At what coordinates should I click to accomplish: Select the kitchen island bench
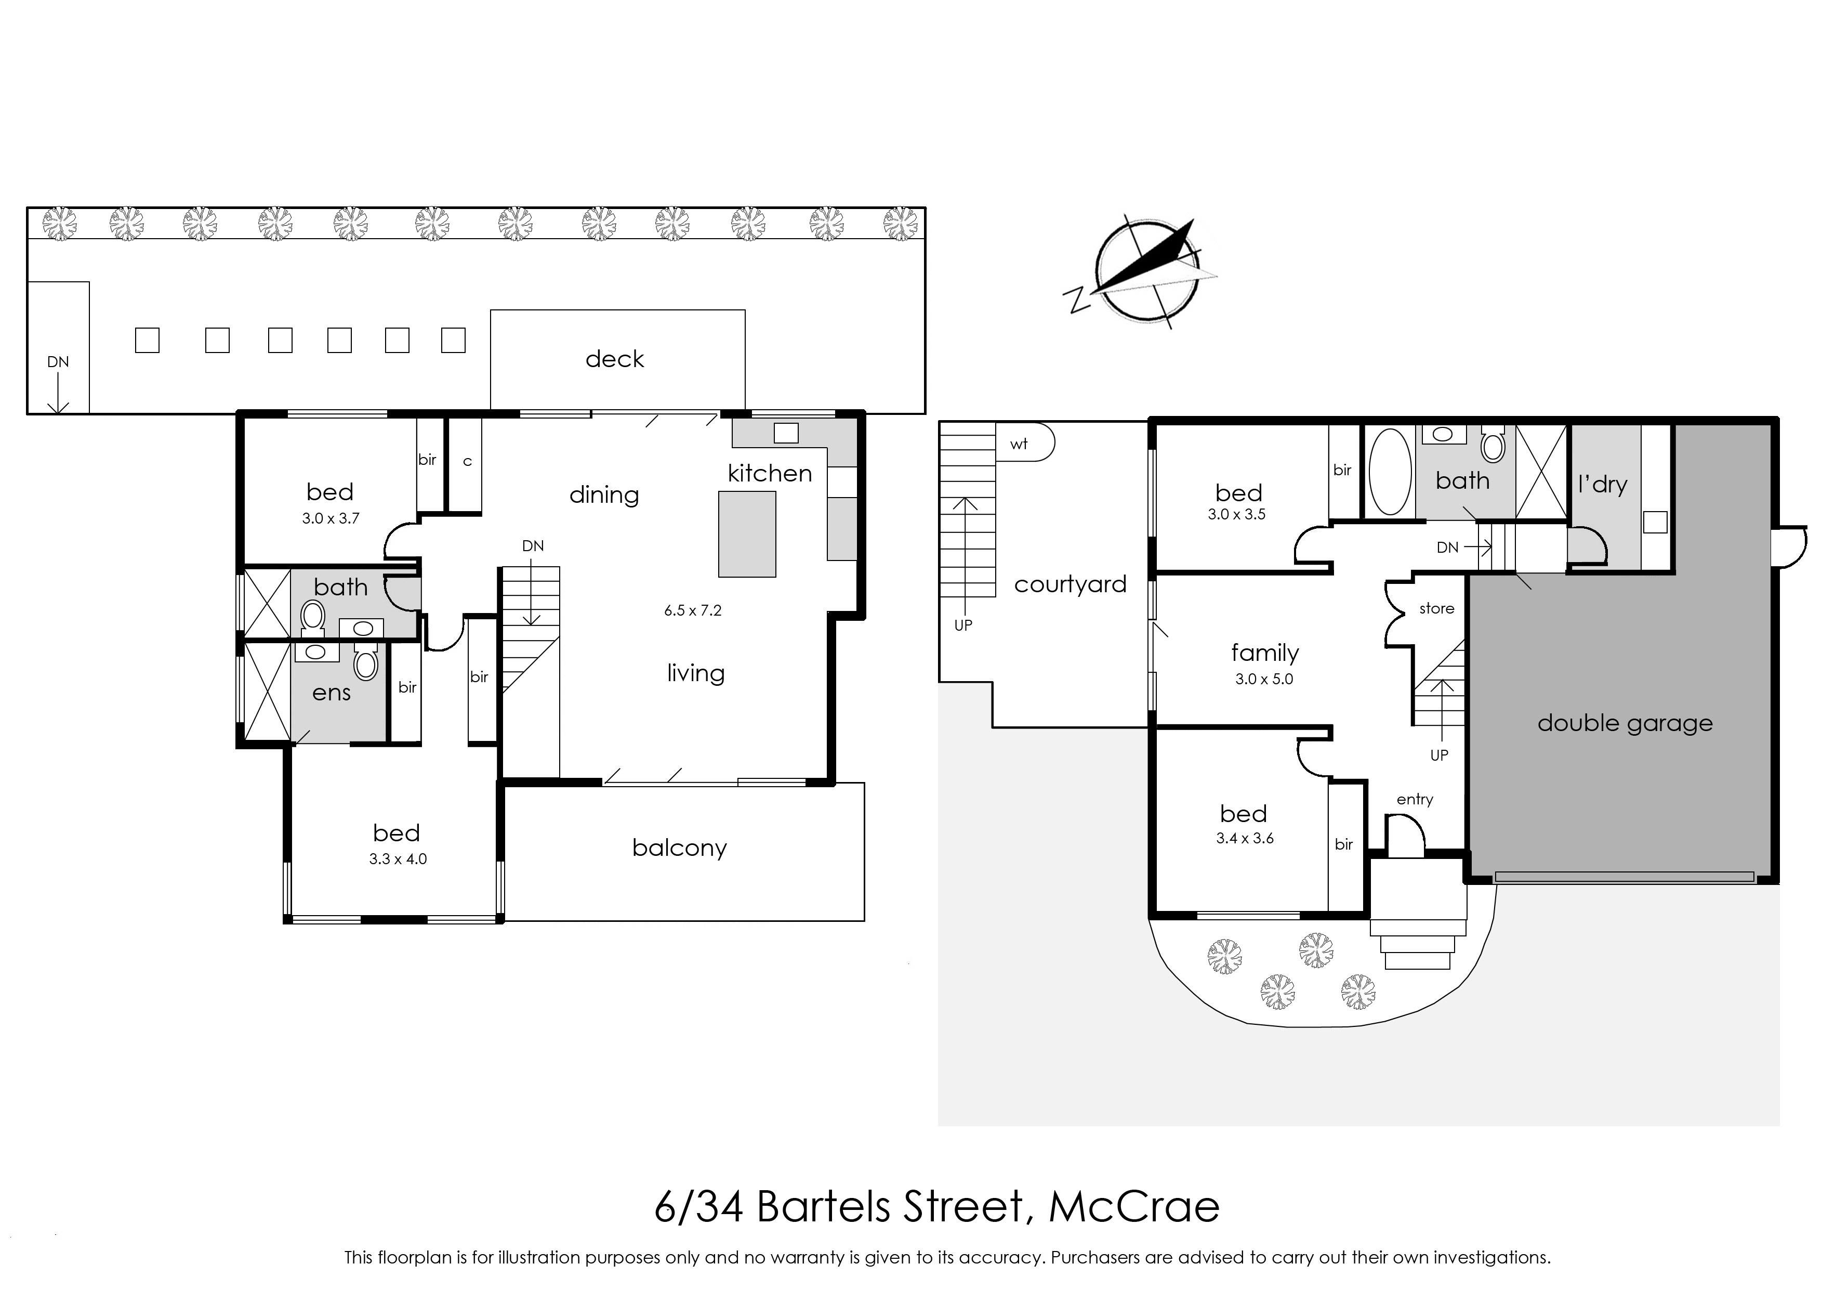(x=747, y=534)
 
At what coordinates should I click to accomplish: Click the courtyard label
(x=1070, y=584)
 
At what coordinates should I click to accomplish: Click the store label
(x=1437, y=608)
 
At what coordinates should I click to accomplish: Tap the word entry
(x=1415, y=799)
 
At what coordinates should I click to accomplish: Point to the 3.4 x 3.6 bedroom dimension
(x=1245, y=838)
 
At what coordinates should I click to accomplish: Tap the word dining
(x=604, y=495)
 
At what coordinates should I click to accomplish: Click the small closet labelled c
(x=465, y=465)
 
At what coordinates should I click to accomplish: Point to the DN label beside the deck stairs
(x=58, y=362)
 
